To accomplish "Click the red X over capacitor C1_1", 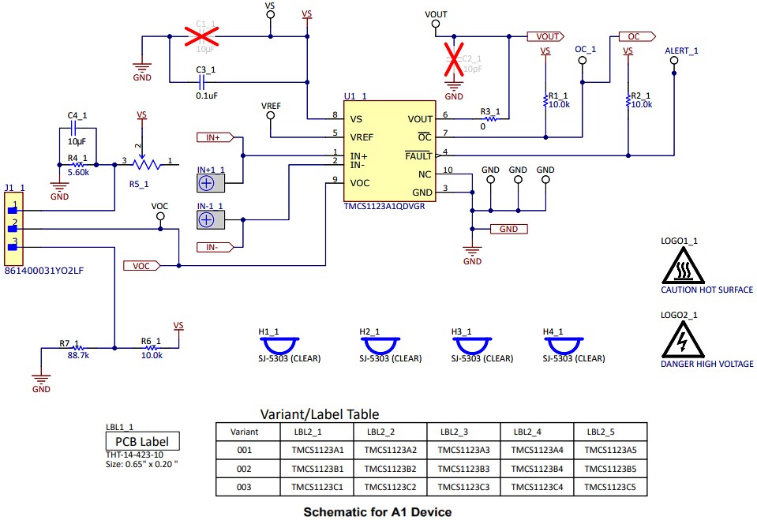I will [201, 36].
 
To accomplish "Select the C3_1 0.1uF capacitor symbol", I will [201, 80].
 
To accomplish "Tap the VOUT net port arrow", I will [545, 36].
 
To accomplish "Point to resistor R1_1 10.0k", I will [545, 100].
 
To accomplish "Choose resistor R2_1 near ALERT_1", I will [628, 100].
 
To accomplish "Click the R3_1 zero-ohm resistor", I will [489, 119].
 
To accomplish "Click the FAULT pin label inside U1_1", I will [418, 156].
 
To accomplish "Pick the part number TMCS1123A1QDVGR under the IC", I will [384, 206].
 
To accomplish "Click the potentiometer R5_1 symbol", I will [142, 163].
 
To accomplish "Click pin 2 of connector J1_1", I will [13, 229].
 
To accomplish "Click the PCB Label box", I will [142, 442].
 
